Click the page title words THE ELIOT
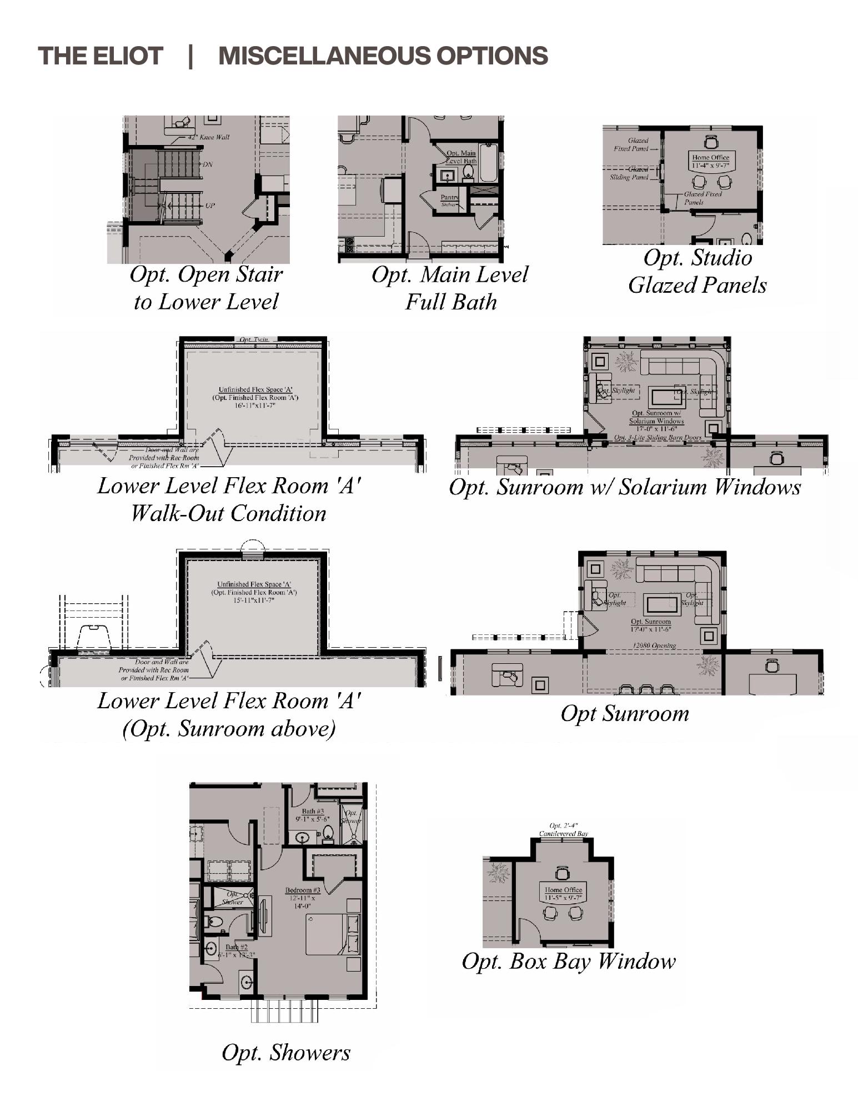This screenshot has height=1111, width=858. tap(101, 56)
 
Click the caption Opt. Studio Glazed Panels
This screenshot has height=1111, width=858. tap(698, 272)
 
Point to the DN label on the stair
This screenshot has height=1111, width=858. tap(207, 164)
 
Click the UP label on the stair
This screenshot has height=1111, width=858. tap(210, 206)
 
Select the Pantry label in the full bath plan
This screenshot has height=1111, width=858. tap(449, 197)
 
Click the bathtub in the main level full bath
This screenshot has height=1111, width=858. tap(488, 163)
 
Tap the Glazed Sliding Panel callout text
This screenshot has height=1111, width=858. tap(630, 173)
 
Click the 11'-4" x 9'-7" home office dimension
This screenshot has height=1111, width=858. tap(710, 166)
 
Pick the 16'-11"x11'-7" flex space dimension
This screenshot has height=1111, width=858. tap(255, 406)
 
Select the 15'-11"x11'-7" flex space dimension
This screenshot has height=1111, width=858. tap(254, 600)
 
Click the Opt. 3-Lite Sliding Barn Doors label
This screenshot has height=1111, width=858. tap(658, 438)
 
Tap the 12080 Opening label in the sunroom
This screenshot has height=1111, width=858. tap(654, 645)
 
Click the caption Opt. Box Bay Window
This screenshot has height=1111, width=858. tap(569, 962)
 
